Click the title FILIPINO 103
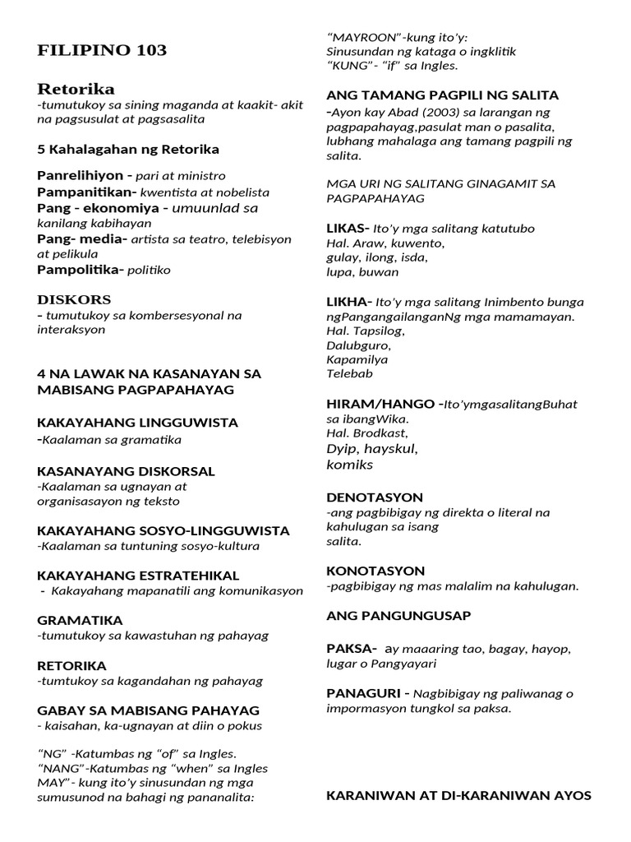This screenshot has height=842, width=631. click(102, 51)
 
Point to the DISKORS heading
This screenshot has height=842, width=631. click(74, 299)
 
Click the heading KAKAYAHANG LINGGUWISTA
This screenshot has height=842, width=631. click(137, 423)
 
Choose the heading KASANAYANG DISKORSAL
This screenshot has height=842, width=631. click(126, 471)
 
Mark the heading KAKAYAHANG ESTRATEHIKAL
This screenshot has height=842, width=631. click(138, 575)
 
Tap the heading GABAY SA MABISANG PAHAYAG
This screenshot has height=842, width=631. click(148, 710)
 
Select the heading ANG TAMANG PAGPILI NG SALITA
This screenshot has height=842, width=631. click(442, 95)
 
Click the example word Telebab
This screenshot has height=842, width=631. click(349, 373)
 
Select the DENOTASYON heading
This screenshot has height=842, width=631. click(375, 497)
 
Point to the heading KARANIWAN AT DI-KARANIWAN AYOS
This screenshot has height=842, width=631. click(458, 795)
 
